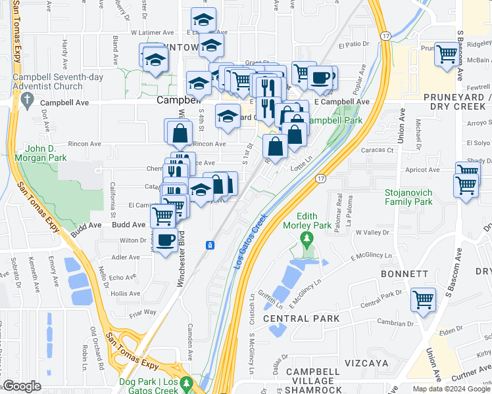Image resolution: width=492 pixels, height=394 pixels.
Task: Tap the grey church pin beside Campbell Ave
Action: click(x=27, y=100)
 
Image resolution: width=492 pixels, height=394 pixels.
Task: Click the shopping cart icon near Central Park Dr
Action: click(x=423, y=299)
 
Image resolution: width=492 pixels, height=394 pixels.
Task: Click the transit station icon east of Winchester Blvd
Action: click(x=210, y=246)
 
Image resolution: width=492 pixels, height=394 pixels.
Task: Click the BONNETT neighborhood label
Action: click(x=404, y=273)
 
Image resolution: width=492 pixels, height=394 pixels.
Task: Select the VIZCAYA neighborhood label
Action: click(x=366, y=363)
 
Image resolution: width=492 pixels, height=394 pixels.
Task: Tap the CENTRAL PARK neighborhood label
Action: click(x=301, y=319)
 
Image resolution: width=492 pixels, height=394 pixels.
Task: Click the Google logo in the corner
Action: click(x=22, y=386)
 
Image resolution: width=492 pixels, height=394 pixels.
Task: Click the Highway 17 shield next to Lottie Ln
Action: click(x=320, y=178)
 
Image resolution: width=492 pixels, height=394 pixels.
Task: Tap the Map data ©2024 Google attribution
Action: click(x=451, y=389)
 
